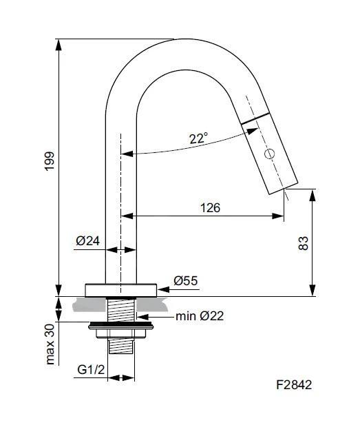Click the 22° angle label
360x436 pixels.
click(x=198, y=138)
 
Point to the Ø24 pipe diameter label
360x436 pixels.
click(x=88, y=241)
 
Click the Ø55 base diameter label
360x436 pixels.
click(x=186, y=280)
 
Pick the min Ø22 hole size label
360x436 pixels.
click(x=200, y=316)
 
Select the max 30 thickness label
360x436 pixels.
click(x=50, y=344)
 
